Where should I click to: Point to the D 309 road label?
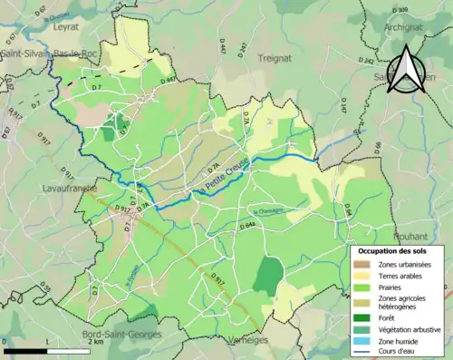[x=400, y=10]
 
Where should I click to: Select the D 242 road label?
[x=366, y=61]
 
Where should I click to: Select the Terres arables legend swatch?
[x=362, y=276]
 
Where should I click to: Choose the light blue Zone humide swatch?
[x=362, y=341]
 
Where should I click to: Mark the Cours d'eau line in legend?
[x=362, y=353]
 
